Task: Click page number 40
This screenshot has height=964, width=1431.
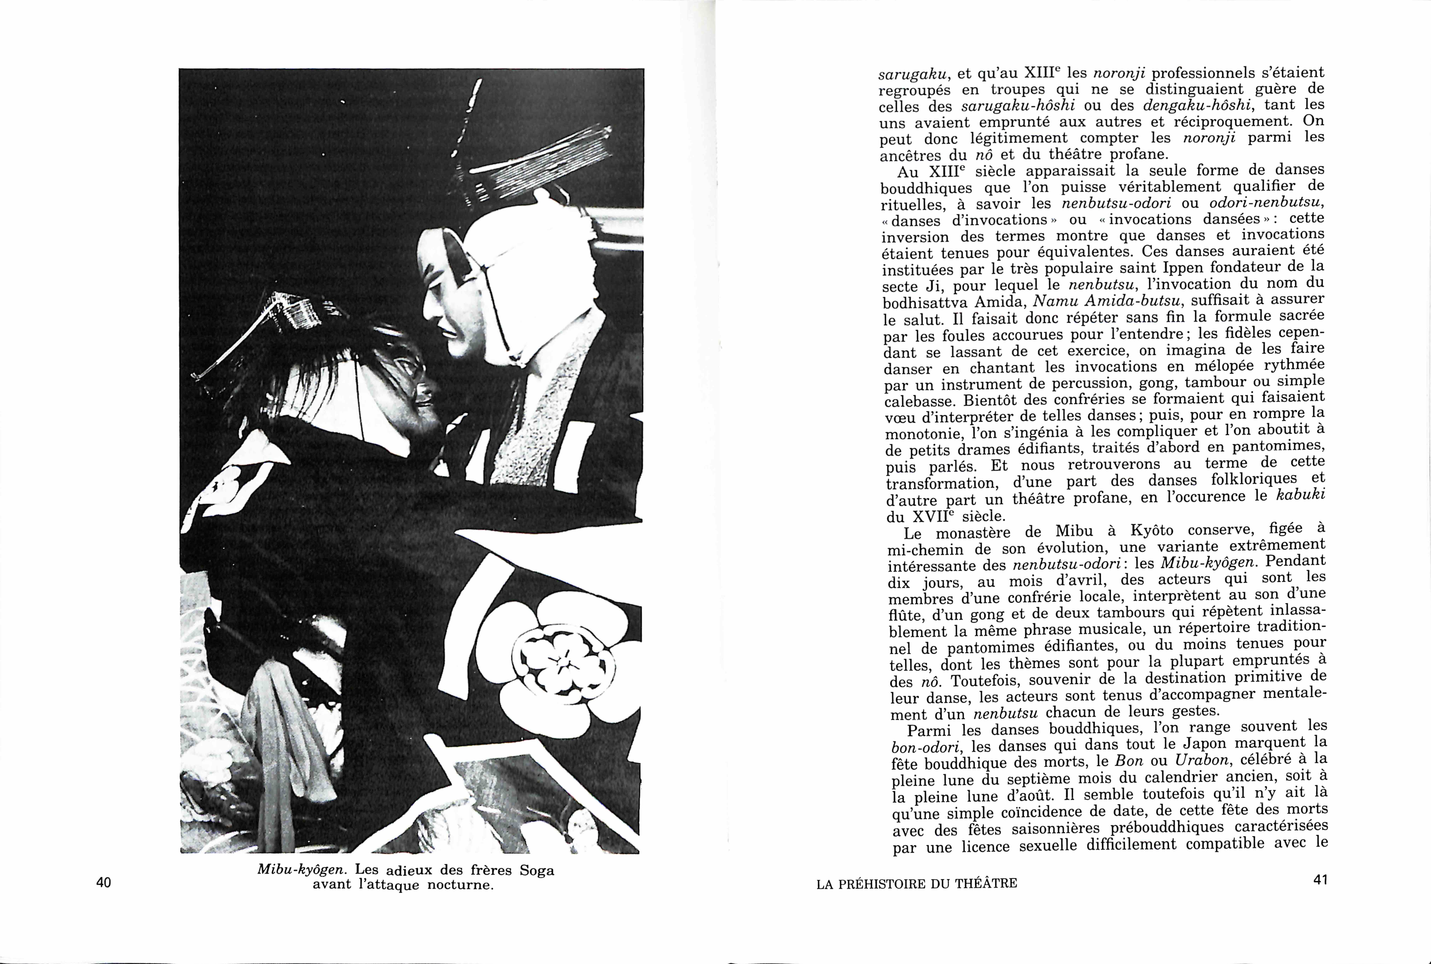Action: [x=104, y=883]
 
